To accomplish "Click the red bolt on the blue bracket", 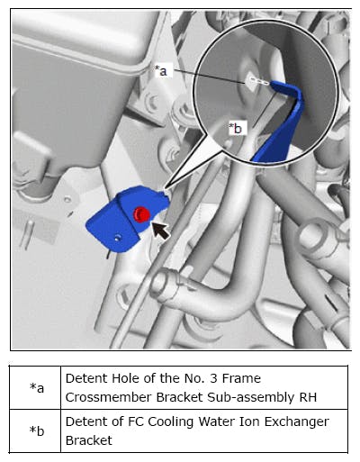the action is pos(141,214).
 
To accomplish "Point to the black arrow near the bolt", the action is pos(161,231).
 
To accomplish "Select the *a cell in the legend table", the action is pos(37,387).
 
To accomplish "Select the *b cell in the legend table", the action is pos(37,430).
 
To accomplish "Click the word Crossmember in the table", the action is pos(109,397).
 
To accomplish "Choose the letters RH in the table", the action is pos(308,397).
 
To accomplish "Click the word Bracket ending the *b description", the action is pos(89,440).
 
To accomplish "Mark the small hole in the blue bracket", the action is pos(118,239).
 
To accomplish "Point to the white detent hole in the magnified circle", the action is pos(251,80).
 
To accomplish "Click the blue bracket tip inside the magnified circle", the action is pos(273,83).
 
